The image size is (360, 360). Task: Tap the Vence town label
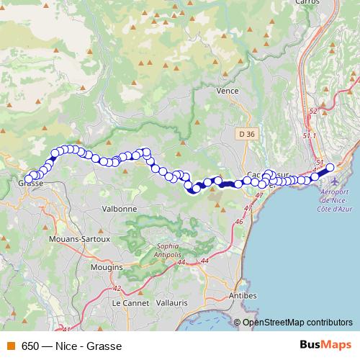click(x=227, y=91)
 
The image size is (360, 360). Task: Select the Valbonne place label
click(x=120, y=208)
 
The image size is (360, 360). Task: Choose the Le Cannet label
click(x=129, y=303)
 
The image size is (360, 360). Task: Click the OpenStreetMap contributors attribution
click(x=297, y=323)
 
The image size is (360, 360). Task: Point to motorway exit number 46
click(x=238, y=222)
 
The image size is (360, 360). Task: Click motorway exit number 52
click(x=311, y=112)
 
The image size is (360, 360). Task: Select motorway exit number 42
click(x=117, y=288)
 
